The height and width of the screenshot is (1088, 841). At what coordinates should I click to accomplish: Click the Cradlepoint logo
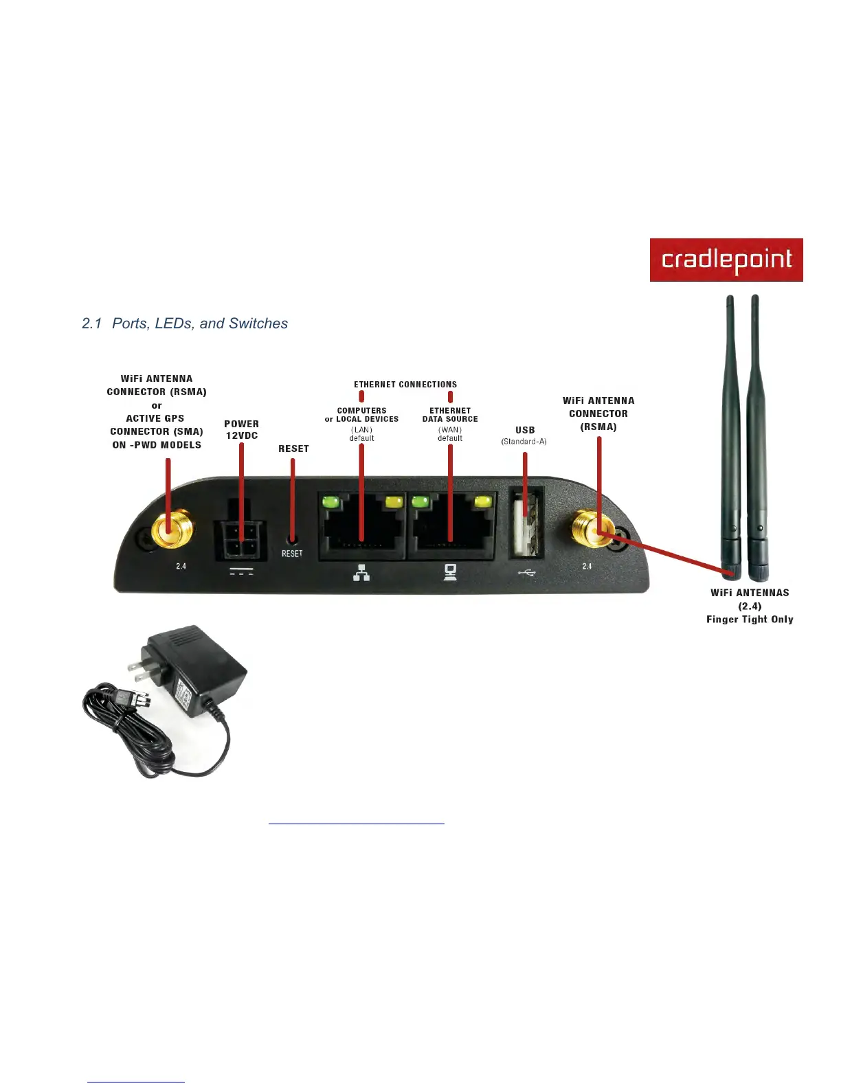pos(726,260)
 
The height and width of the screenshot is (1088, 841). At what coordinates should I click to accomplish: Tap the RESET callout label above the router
pos(293,449)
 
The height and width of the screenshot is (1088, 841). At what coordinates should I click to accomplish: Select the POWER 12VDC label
pos(241,430)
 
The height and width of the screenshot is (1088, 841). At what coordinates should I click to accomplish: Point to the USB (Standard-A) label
pos(524,435)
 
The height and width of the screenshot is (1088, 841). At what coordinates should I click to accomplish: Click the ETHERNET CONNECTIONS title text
pos(405,385)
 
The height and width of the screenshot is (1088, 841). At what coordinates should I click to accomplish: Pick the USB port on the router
pos(526,523)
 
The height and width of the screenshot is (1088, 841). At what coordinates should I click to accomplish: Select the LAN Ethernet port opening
pos(362,528)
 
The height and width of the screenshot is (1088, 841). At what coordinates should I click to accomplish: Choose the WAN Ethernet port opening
pos(451,528)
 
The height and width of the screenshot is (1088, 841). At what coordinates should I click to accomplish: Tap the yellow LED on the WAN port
pos(484,501)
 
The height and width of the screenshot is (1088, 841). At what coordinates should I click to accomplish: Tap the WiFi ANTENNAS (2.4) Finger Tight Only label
pos(750,606)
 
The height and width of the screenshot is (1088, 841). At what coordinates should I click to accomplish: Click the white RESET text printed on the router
pos(292,554)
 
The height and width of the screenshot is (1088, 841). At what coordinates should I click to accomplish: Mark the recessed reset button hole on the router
pos(293,539)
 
